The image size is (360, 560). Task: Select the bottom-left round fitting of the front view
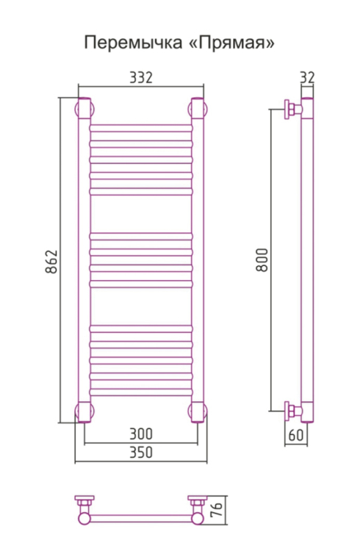coord(83,412)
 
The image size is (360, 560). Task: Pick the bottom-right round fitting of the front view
coord(197,412)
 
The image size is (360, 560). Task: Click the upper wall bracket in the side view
coord(292,110)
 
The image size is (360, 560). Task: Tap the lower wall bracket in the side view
coord(292,409)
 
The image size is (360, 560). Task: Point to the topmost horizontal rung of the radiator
coord(140,126)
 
